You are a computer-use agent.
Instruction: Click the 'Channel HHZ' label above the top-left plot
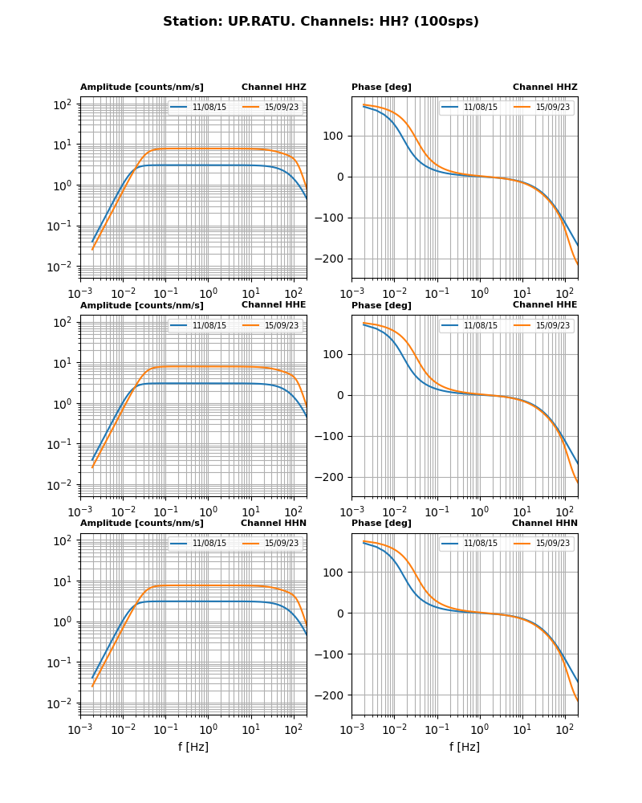pyautogui.click(x=274, y=88)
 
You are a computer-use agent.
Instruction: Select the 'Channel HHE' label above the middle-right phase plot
pyautogui.click(x=545, y=305)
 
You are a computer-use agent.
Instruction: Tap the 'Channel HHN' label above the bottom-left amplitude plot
pyautogui.click(x=273, y=524)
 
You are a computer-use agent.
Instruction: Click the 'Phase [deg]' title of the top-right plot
pyautogui.click(x=381, y=88)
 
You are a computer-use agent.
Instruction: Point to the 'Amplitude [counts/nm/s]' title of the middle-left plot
pyautogui.click(x=142, y=306)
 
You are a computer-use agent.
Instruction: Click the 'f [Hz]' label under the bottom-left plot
pyautogui.click(x=193, y=747)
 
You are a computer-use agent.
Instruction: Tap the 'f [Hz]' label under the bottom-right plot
pyautogui.click(x=464, y=747)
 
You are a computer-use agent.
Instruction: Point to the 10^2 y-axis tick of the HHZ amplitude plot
pyautogui.click(x=63, y=104)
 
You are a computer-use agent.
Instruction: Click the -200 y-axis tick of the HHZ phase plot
pyautogui.click(x=332, y=259)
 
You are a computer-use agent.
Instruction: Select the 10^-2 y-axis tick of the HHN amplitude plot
pyautogui.click(x=63, y=703)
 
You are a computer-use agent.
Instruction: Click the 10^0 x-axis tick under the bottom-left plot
pyautogui.click(x=208, y=729)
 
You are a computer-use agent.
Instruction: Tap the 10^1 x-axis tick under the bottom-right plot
pyautogui.click(x=522, y=729)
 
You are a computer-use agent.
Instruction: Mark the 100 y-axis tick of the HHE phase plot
pyautogui.click(x=336, y=354)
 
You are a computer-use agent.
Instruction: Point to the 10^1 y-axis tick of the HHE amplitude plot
pyautogui.click(x=63, y=363)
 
